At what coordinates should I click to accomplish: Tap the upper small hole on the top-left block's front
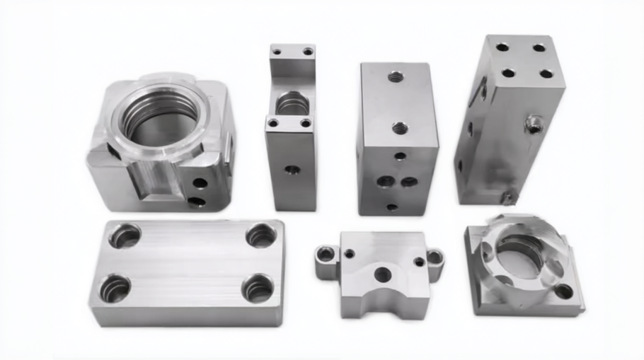click(200, 182)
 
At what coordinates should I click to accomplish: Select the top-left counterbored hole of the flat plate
click(125, 236)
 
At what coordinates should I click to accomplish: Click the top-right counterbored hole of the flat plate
click(261, 235)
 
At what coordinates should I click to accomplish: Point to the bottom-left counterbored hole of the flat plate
click(115, 289)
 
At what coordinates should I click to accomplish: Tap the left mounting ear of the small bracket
click(326, 253)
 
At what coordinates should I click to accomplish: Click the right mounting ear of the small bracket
click(435, 255)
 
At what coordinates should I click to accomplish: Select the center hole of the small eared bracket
click(382, 274)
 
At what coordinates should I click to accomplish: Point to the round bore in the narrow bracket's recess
click(290, 105)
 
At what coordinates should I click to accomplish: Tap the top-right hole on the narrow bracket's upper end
click(308, 52)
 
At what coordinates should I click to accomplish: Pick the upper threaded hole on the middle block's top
click(396, 75)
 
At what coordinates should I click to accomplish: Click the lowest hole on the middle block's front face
click(391, 207)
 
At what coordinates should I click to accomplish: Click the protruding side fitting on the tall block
click(534, 124)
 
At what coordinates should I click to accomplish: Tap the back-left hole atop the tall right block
click(502, 47)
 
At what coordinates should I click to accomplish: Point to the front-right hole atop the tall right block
click(546, 74)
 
